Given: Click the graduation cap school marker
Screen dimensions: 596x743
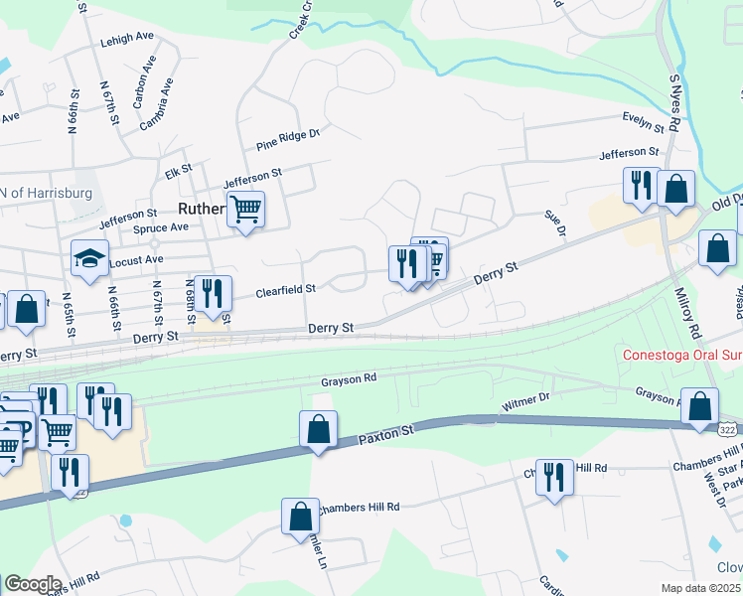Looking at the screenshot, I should point(89,260).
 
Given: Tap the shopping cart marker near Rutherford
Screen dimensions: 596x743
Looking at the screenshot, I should point(245,210).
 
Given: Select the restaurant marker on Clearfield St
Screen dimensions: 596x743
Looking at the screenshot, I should point(213,294).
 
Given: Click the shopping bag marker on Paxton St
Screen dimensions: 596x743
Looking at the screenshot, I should point(318,430).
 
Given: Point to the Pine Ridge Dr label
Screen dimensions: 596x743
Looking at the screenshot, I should point(288,138).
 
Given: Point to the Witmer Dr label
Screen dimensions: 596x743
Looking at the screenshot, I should point(526,400).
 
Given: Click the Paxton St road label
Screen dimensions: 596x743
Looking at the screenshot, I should point(385,435).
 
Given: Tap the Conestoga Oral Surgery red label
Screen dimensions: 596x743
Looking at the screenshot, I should point(681,355).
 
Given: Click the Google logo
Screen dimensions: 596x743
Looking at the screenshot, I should point(33,583).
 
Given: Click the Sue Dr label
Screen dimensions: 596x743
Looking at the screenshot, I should point(555,223).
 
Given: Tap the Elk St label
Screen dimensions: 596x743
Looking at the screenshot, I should point(179,172).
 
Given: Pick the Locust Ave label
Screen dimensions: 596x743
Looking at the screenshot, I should point(139,259).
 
